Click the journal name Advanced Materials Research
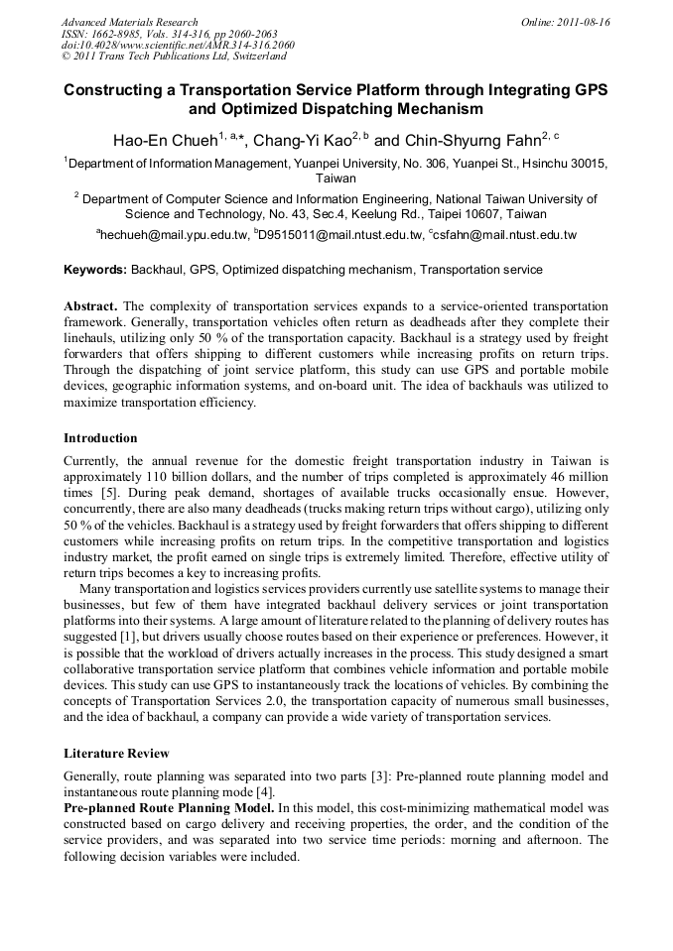click(129, 22)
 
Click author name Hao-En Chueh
click(164, 141)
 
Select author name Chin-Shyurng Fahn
click(475, 141)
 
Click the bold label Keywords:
click(95, 270)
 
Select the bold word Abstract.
click(90, 307)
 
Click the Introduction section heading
click(100, 438)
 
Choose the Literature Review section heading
click(116, 754)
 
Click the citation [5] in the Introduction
click(107, 492)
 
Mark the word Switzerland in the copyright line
click(250, 58)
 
